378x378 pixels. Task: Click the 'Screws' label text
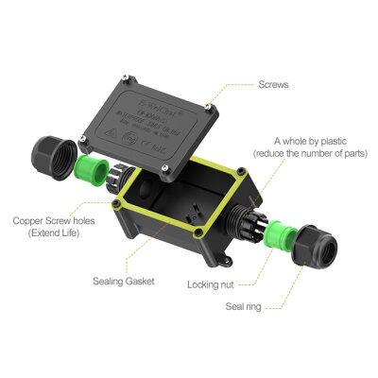(x=275, y=84)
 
